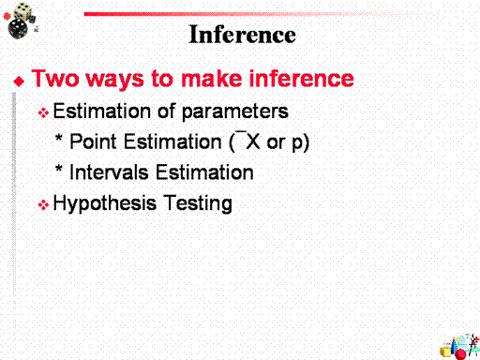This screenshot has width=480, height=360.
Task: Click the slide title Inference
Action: (242, 35)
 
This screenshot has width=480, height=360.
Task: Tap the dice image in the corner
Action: (21, 21)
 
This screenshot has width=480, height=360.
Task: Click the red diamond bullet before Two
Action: (19, 82)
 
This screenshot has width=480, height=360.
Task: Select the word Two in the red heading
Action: (55, 78)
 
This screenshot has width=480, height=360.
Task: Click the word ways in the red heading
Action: (114, 80)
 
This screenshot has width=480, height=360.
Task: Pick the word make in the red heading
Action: (212, 78)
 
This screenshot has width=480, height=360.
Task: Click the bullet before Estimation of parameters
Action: (43, 112)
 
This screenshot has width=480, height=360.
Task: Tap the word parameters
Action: (234, 112)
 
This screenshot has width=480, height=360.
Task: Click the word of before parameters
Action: (167, 111)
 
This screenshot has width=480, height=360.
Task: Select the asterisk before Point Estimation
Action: (58, 138)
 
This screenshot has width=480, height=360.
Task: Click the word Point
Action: (93, 142)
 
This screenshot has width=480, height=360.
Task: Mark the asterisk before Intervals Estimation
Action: (58, 168)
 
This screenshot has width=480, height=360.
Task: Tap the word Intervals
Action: (109, 172)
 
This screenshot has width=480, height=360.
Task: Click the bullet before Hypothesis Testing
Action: (43, 205)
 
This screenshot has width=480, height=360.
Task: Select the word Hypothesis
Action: (105, 203)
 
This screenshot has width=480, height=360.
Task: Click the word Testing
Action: (198, 203)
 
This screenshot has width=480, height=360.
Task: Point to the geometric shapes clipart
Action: (459, 346)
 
